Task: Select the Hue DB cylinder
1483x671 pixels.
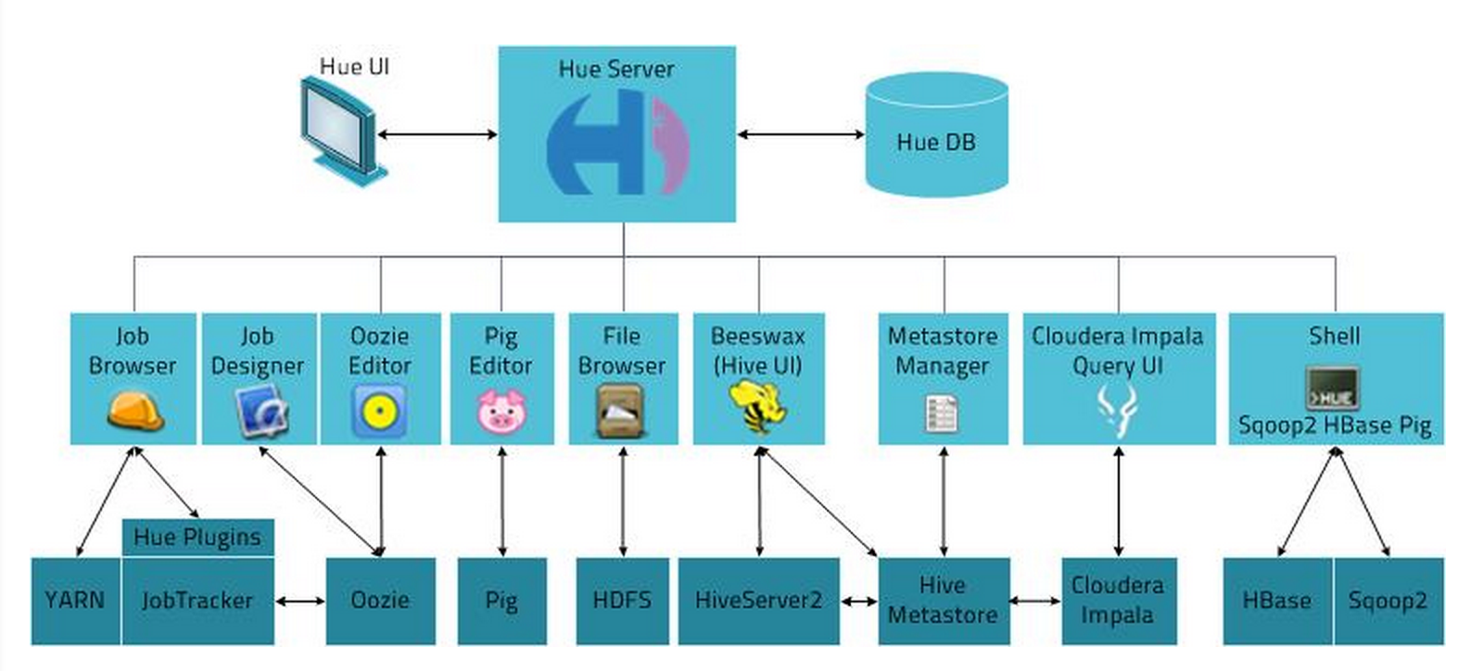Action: (936, 135)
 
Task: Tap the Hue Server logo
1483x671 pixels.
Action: (617, 144)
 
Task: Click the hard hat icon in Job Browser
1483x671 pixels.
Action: (134, 411)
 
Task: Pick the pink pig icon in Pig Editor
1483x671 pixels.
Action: (501, 411)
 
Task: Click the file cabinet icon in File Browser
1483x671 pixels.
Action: (621, 411)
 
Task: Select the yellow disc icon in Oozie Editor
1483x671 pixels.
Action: (379, 411)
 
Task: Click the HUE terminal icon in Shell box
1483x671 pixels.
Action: (1332, 388)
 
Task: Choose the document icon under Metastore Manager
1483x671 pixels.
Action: (942, 412)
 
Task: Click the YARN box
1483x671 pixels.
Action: (75, 601)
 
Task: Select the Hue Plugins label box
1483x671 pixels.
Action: (197, 538)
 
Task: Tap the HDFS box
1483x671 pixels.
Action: (622, 601)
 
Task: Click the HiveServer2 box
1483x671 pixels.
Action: (758, 601)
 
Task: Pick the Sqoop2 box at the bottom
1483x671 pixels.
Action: (1388, 601)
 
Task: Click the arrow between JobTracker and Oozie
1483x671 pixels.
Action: (300, 601)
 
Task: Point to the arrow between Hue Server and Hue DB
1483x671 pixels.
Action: (801, 135)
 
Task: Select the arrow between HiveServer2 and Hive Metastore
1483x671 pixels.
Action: (859, 601)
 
